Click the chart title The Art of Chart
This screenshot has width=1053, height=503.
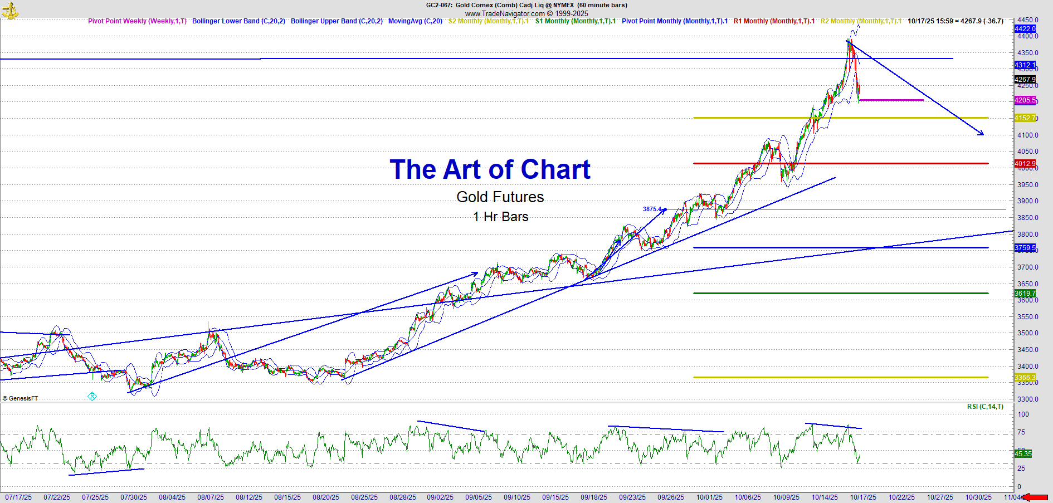pos(490,169)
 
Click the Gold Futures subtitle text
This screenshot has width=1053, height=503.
pos(500,197)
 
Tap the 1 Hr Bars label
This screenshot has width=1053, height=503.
pos(500,217)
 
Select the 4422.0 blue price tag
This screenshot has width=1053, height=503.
pos(1025,29)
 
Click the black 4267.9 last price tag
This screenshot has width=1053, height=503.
pos(1025,80)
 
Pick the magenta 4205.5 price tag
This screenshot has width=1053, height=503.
pos(1025,100)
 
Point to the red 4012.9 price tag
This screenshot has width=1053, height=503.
pos(1025,164)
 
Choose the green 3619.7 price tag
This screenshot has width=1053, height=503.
pos(1025,294)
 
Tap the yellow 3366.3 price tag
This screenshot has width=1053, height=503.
pos(1025,378)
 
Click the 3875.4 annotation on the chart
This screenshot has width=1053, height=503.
pos(652,209)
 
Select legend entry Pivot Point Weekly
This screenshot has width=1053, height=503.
pos(137,21)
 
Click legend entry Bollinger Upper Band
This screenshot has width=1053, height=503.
pos(337,21)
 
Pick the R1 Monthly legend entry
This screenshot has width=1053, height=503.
pos(774,21)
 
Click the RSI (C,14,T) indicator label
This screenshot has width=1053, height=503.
pos(985,407)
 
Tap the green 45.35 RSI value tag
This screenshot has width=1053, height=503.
pos(1023,454)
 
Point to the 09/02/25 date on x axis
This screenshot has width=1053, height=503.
pos(440,497)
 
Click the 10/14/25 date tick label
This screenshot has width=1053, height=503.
pos(825,497)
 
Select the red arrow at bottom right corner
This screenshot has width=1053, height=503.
pos(1036,497)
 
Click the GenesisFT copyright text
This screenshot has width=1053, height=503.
pos(21,398)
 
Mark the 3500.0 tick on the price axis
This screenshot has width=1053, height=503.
pos(1027,333)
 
